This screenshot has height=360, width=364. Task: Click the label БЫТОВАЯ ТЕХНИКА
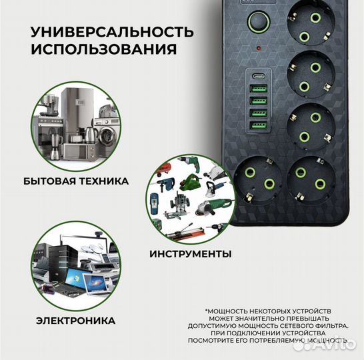click(x=75, y=181)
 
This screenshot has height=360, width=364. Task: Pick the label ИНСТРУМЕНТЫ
click(x=191, y=254)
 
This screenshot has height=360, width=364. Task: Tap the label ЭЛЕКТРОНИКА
click(x=75, y=321)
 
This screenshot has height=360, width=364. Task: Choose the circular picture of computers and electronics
click(x=75, y=265)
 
